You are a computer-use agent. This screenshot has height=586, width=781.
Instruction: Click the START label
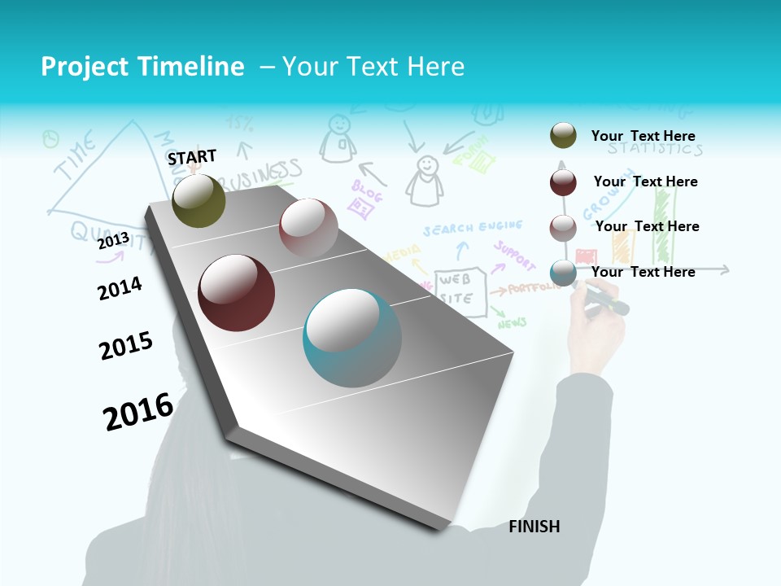192,156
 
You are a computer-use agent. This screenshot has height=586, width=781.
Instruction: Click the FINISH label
534,527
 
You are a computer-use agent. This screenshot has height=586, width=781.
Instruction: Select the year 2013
113,241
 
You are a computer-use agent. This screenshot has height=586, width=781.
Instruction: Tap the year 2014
120,288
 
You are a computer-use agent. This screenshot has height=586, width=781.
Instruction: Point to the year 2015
125,346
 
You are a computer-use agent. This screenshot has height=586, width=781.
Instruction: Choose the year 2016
137,412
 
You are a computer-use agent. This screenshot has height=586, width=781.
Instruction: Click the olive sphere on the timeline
199,200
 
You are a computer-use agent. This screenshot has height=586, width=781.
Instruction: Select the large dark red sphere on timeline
236,293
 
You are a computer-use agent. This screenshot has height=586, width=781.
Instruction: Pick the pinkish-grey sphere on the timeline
308,229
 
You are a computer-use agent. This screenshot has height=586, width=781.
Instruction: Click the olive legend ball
563,136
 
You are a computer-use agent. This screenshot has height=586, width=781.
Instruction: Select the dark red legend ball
563,181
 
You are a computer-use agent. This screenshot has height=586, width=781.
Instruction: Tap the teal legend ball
563,273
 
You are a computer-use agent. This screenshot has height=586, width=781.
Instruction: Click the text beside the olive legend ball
643,136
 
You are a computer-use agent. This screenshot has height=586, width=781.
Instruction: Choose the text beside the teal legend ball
643,272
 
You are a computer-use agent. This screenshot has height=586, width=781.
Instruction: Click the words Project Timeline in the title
142,67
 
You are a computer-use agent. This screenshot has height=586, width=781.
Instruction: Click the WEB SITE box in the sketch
460,287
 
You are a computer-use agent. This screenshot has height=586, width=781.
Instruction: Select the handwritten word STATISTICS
655,149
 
